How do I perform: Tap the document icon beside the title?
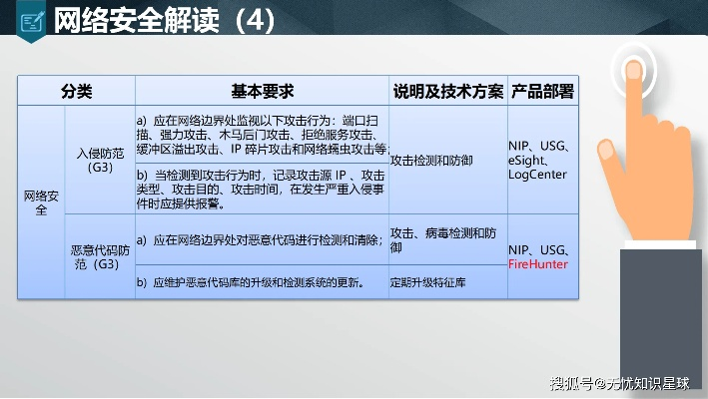pyautogui.click(x=31, y=19)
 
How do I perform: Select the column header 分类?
pyautogui.click(x=76, y=91)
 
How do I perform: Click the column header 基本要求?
pyautogui.click(x=262, y=91)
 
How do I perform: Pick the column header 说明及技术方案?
pyautogui.click(x=447, y=91)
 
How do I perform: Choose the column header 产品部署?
pyautogui.click(x=542, y=91)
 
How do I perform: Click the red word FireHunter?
pyautogui.click(x=537, y=264)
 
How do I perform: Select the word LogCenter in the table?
pyautogui.click(x=537, y=175)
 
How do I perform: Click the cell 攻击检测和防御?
pyautogui.click(x=432, y=160)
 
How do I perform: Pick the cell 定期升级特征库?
pyautogui.click(x=427, y=282)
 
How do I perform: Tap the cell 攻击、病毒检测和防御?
pyautogui.click(x=445, y=239)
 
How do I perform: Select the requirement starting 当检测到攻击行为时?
pyautogui.click(x=262, y=187)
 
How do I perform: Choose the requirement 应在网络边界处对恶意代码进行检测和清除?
pyautogui.click(x=262, y=239)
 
